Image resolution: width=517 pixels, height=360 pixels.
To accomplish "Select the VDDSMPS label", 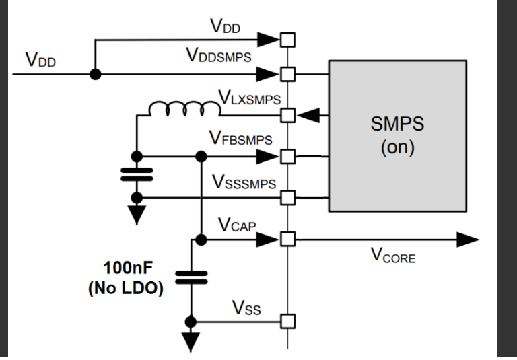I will (x=219, y=57).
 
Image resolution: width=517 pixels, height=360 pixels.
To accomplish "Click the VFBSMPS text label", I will (x=242, y=140).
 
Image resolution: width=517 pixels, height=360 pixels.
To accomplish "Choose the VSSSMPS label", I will (x=244, y=182).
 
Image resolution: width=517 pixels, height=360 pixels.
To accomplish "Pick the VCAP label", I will (x=237, y=225).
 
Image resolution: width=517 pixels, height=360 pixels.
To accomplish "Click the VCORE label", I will (x=394, y=256).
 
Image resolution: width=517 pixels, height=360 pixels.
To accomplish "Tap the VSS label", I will (x=246, y=308).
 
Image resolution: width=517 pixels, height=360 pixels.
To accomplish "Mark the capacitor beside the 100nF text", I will (x=192, y=276).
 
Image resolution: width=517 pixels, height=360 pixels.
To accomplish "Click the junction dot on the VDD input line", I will (x=95, y=73).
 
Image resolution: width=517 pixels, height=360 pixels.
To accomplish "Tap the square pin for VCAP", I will (x=288, y=239).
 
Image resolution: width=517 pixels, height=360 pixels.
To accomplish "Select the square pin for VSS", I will (x=288, y=320).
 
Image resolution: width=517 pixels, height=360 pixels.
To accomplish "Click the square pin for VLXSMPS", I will (x=288, y=115).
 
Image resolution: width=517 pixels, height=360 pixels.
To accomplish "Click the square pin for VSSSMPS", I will (x=288, y=198).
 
